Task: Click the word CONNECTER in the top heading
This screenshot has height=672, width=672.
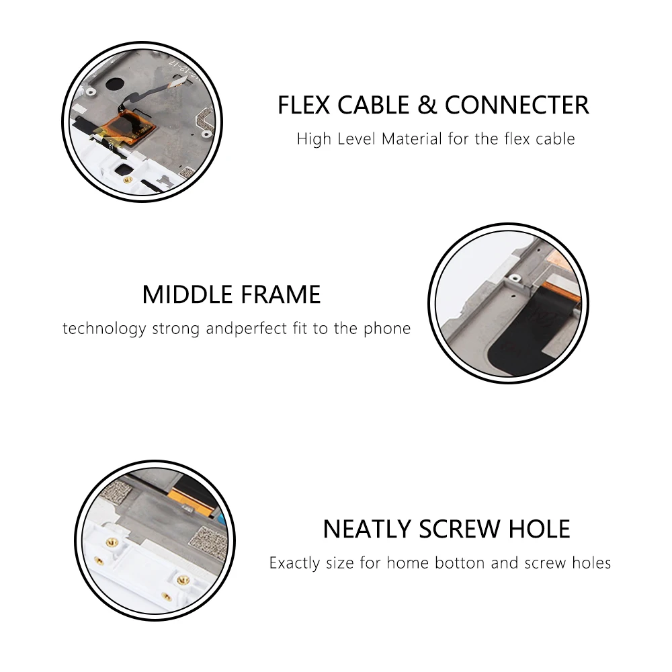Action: pyautogui.click(x=517, y=105)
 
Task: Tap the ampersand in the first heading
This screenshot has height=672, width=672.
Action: pyautogui.click(x=427, y=105)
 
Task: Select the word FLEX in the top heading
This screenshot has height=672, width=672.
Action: pyautogui.click(x=304, y=105)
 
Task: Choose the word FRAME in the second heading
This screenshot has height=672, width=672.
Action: pyautogui.click(x=280, y=294)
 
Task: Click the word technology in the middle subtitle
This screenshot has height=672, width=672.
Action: pyautogui.click(x=105, y=329)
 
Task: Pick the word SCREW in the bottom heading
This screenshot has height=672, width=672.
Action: pyautogui.click(x=458, y=529)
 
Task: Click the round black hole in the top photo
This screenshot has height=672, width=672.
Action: pyautogui.click(x=114, y=83)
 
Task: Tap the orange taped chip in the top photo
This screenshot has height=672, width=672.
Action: pyautogui.click(x=131, y=126)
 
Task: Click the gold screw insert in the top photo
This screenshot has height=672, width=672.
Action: pyautogui.click(x=127, y=180)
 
